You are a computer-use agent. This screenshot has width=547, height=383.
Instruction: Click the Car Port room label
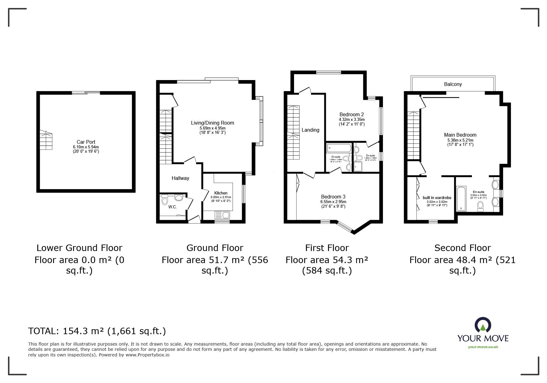[86, 142]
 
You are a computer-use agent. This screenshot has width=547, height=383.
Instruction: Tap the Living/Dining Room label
[212, 123]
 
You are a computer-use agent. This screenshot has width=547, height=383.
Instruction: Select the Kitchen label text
[221, 193]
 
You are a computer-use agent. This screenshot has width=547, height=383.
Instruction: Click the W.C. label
[172, 207]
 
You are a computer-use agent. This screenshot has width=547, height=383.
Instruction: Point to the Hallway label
[180, 178]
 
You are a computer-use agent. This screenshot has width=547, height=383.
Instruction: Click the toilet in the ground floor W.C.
[165, 201]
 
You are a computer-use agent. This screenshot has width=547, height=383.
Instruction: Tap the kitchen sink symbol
[222, 215]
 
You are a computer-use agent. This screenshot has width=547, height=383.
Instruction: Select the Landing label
[310, 130]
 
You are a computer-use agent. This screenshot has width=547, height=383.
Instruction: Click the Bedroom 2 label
[351, 114]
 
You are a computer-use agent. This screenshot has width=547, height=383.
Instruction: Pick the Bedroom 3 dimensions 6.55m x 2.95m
[333, 202]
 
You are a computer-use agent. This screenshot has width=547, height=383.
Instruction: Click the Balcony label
[453, 84]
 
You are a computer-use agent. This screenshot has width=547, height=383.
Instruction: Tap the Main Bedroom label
[460, 135]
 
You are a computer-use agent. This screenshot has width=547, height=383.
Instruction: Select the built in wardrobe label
[437, 198]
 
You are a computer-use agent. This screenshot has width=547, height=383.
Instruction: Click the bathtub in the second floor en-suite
[461, 198]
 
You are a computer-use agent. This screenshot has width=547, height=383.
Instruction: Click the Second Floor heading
[462, 248]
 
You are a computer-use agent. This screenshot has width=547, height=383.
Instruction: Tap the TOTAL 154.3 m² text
[97, 331]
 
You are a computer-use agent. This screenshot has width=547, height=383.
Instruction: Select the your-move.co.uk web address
[483, 347]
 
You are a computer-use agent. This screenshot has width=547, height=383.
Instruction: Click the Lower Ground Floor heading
[79, 248]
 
